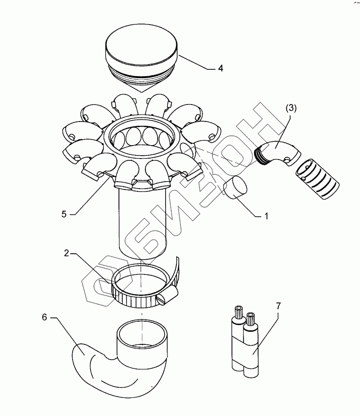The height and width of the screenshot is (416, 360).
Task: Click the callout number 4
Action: pyautogui.click(x=221, y=68)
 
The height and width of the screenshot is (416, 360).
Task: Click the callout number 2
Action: pyautogui.click(x=67, y=254)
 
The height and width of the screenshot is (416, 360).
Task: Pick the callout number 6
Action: pyautogui.click(x=45, y=318)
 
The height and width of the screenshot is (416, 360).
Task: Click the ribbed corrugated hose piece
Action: pyautogui.click(x=317, y=179)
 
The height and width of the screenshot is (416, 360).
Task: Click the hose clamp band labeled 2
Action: pyautogui.click(x=139, y=296)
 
